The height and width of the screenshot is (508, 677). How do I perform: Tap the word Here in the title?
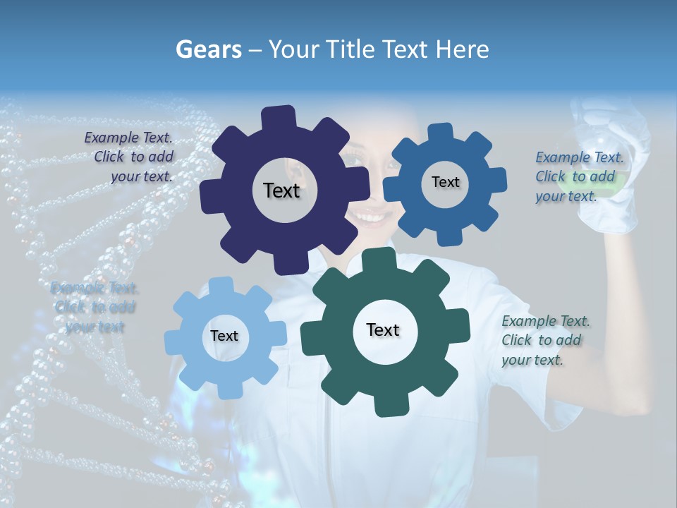click(463, 49)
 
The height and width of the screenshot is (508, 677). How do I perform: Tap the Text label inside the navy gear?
click(281, 190)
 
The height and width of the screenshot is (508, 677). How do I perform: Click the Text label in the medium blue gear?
click(445, 182)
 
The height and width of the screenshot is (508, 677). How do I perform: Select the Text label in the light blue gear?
click(224, 336)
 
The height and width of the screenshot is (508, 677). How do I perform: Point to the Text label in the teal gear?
click(383, 329)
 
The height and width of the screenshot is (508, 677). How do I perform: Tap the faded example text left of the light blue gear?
click(94, 307)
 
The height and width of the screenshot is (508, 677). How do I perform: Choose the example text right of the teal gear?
click(544, 340)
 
